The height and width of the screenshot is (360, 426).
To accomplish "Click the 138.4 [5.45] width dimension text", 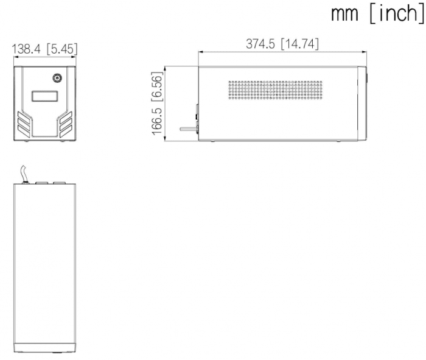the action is coord(44,49).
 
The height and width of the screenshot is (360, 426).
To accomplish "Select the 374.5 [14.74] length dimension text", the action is coord(282,44).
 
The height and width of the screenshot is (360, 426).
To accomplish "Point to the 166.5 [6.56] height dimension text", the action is coord(157,104).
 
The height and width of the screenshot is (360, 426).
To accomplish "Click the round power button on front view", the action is coord(57,79).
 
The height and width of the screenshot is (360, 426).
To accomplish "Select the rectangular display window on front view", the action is coord(45,96).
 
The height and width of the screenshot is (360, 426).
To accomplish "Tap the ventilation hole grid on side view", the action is coord(276,90).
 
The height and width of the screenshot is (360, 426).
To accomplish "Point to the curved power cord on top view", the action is coord(24,174).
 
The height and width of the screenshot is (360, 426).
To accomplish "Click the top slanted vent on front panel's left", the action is coord(24,116).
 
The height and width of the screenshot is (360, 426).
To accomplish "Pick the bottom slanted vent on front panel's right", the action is coord(66,131).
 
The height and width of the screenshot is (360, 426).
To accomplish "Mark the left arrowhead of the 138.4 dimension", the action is coord(15,57).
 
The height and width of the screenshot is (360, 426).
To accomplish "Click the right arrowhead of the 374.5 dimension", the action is coord(365,51).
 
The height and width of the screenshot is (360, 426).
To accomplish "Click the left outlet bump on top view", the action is coord(41,183).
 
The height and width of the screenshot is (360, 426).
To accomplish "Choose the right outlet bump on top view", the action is coord(59,183).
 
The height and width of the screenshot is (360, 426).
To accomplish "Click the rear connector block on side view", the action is coord(197,119).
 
